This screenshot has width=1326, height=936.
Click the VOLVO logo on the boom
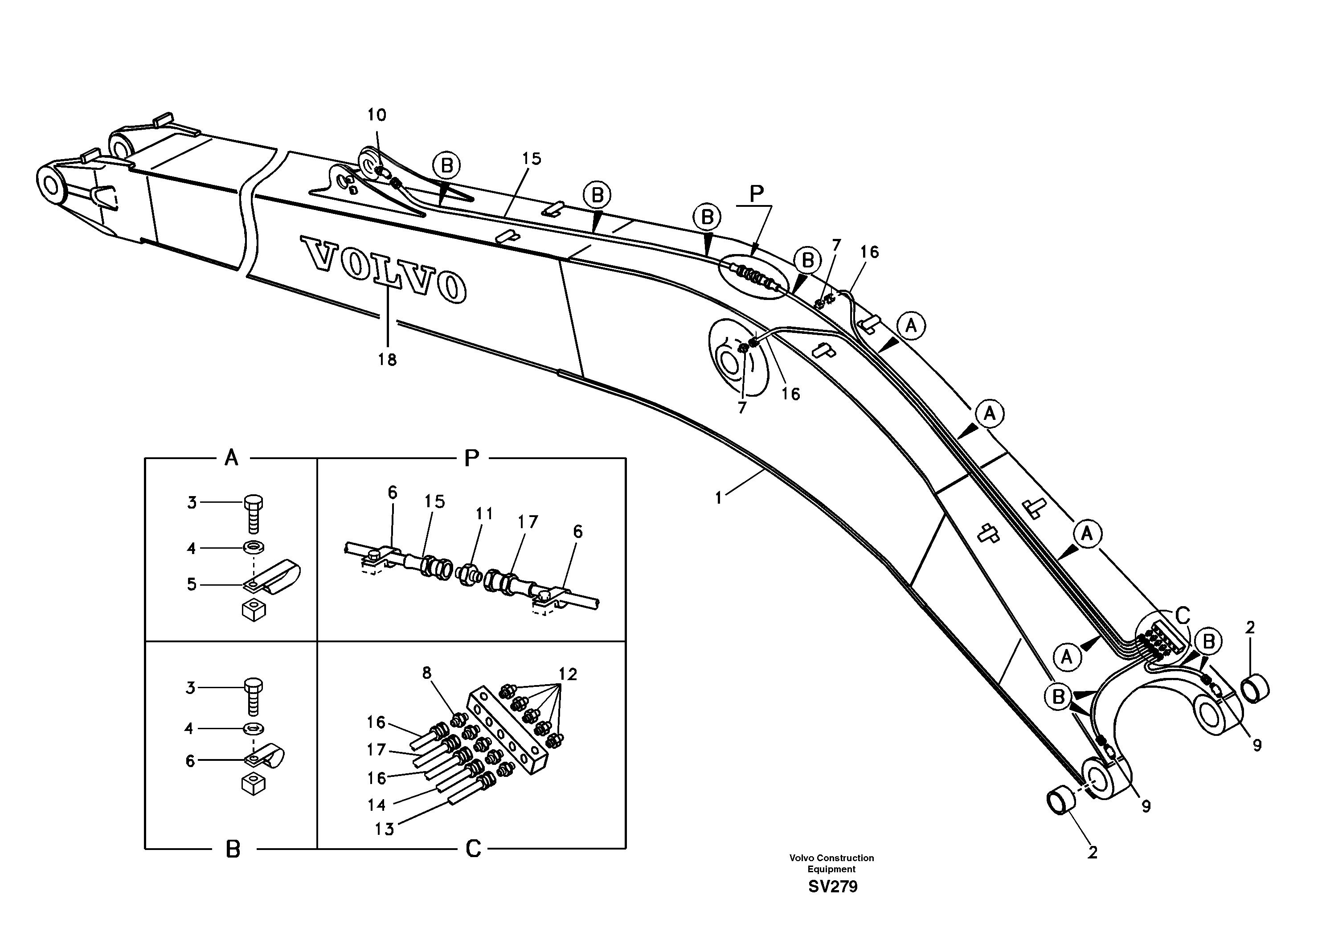[384, 269]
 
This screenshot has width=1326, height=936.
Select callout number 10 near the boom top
[377, 115]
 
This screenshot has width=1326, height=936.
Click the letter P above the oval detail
[757, 194]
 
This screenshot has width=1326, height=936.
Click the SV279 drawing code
[832, 887]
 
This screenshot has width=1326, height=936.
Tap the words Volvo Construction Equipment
[831, 863]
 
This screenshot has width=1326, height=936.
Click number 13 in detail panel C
[384, 829]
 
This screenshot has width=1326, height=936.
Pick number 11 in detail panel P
[484, 513]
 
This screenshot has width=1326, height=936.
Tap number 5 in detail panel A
[192, 584]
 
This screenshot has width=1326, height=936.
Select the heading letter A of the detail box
[231, 458]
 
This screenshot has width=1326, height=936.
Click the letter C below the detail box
[473, 849]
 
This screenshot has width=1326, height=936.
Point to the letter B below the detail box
[233, 850]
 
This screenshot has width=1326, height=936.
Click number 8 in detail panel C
[426, 673]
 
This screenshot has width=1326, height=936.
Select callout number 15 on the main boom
[531, 158]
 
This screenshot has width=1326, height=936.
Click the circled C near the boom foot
[1183, 616]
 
